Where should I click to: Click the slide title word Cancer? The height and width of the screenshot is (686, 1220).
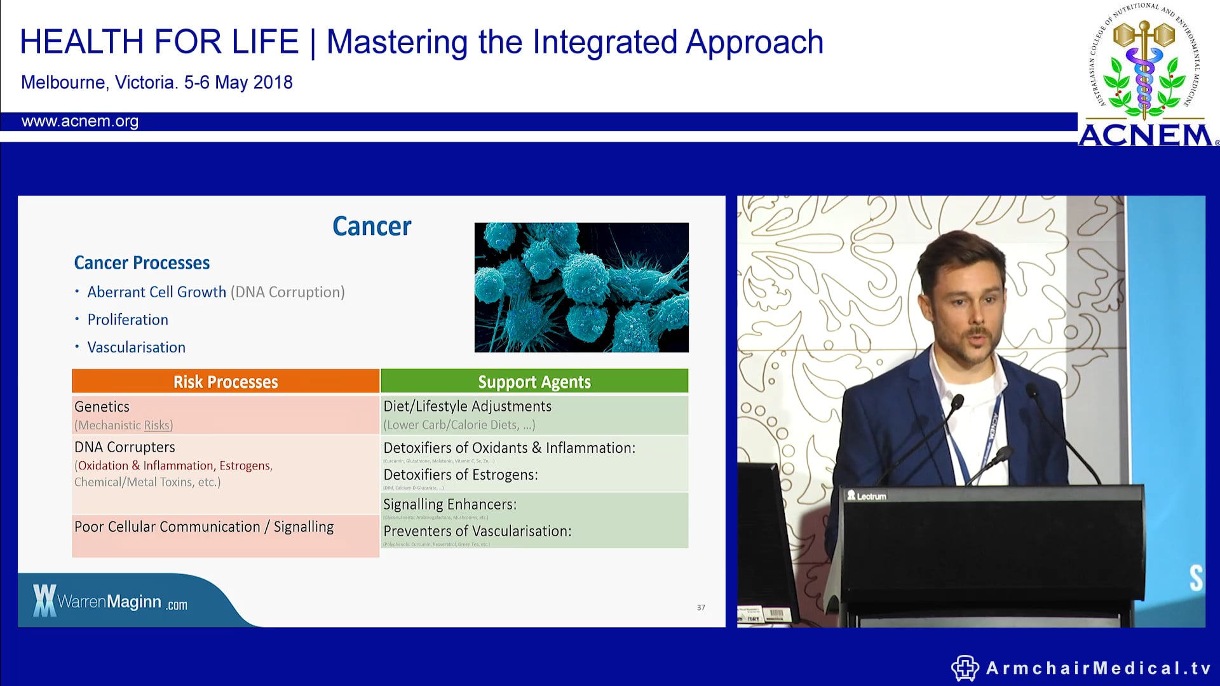(x=372, y=227)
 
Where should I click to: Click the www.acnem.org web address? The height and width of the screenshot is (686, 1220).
(x=80, y=121)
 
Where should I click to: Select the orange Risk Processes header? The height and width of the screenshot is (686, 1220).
(x=226, y=382)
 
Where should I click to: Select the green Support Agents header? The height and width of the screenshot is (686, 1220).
(x=534, y=382)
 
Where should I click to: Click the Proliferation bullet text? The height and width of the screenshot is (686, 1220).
(x=128, y=319)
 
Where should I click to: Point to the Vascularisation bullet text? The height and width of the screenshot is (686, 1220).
(x=137, y=347)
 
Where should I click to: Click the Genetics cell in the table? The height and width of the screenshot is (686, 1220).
(x=102, y=407)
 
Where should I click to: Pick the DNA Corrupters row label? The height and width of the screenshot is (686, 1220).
(x=125, y=447)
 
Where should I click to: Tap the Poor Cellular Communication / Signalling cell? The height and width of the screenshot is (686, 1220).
(x=204, y=527)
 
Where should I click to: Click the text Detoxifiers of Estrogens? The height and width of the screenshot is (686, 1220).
(x=461, y=475)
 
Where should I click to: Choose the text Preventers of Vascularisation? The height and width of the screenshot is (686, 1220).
(x=477, y=532)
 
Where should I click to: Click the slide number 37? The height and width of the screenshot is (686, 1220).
(x=701, y=608)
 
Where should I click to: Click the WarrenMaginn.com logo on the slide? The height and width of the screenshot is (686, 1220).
(x=111, y=601)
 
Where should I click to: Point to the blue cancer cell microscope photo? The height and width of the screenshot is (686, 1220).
(x=581, y=287)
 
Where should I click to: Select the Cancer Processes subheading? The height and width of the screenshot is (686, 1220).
(x=142, y=263)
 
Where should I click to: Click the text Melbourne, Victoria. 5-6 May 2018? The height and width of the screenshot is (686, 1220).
(x=157, y=83)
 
